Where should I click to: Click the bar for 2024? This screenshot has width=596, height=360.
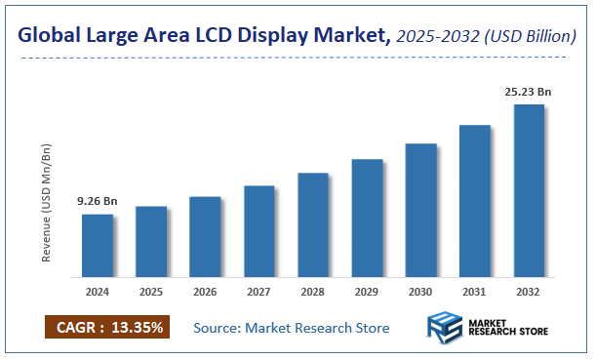(97, 245)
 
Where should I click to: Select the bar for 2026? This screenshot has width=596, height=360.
(205, 236)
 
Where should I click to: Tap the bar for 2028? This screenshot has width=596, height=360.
(312, 224)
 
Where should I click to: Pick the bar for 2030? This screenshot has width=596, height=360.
(420, 210)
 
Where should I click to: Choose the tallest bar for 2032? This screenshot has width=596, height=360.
(528, 190)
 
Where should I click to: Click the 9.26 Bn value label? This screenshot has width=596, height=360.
(97, 201)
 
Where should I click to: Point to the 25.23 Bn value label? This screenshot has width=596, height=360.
(528, 92)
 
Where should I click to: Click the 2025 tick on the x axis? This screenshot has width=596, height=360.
(150, 291)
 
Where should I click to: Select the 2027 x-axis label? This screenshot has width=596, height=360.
(258, 291)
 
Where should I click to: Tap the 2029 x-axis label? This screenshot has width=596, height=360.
(367, 291)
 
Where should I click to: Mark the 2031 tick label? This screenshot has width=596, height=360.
(474, 291)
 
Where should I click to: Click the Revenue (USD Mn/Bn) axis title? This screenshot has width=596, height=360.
(46, 202)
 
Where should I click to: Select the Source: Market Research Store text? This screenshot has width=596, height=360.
(291, 327)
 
